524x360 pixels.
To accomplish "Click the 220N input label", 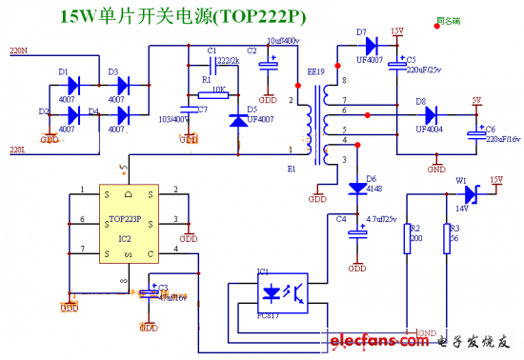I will pyautogui.click(x=18, y=50).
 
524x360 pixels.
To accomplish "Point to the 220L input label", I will pyautogui.click(x=18, y=150).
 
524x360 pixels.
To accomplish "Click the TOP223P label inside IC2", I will pyautogui.click(x=127, y=218).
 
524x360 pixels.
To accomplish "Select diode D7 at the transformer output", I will pyautogui.click(x=370, y=44).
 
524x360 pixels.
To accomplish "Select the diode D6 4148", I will pyautogui.click(x=357, y=187).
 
